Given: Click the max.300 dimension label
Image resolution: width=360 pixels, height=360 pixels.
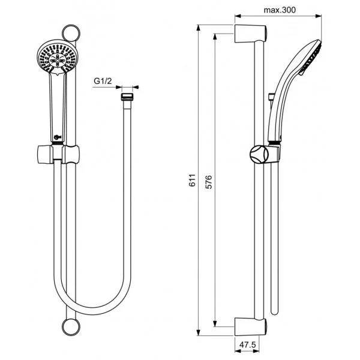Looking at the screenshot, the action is (280, 10).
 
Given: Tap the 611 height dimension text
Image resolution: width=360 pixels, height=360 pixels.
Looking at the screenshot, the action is (193, 180).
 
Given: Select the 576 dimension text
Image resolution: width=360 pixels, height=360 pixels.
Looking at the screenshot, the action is (208, 182).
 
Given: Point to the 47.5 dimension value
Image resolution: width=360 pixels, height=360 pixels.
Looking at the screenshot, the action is (247, 344).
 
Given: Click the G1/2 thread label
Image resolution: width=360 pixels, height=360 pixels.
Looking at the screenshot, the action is (103, 81).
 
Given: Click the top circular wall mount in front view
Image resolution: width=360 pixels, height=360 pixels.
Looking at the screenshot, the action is (71, 33).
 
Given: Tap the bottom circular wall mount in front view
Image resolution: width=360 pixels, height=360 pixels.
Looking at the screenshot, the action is (71, 327).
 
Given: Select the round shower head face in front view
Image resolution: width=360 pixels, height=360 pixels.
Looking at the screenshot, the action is (58, 57).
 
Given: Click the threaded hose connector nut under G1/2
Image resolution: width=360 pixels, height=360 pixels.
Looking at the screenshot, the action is (127, 97).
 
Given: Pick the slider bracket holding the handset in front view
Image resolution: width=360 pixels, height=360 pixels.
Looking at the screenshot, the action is (58, 154).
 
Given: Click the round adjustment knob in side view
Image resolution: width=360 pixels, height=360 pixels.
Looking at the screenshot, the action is (259, 154).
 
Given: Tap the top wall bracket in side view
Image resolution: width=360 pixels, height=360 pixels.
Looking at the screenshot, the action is (250, 34).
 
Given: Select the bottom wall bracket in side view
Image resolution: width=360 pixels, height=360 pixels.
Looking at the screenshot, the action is (250, 327).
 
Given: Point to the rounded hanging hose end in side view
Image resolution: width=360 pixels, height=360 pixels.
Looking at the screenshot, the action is (275, 311).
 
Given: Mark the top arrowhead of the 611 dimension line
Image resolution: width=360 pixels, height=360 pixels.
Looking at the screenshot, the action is (199, 28).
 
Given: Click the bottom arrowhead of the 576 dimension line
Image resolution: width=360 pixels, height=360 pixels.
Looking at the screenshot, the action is (215, 323).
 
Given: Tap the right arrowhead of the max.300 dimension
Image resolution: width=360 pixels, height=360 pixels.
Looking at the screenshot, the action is (319, 16).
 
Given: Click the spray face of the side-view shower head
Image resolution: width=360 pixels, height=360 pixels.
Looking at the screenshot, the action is (310, 58).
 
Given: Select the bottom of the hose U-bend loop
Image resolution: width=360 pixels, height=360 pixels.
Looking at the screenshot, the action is (92, 311).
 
